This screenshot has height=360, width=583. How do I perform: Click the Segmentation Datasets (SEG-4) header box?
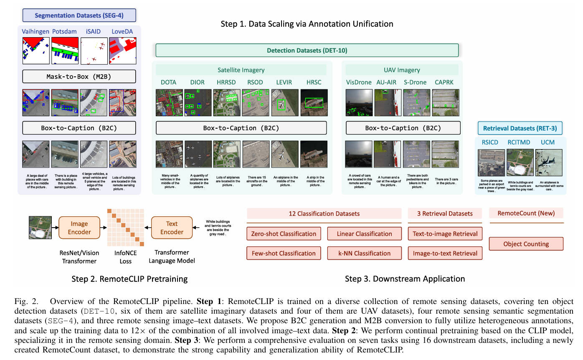(x=79, y=16)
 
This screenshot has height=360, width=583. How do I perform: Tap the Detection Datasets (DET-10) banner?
(x=307, y=51)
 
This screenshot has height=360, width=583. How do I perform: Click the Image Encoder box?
(x=80, y=227)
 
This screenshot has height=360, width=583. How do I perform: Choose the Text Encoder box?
(x=172, y=227)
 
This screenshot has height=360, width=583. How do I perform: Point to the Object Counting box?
(x=526, y=244)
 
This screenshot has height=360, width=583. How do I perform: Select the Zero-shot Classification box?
(x=284, y=234)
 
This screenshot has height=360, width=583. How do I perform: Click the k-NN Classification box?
(x=364, y=253)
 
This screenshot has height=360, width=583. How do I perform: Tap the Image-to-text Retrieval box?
(x=445, y=253)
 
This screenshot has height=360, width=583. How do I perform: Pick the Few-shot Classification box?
(x=284, y=253)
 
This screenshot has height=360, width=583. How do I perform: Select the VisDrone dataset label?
(x=359, y=82)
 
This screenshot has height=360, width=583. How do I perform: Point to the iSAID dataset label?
(x=94, y=31)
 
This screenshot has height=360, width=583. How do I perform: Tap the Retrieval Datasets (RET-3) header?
(x=520, y=128)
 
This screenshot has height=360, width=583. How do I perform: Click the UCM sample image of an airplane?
(x=549, y=162)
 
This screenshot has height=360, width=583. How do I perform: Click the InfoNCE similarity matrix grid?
(x=125, y=227)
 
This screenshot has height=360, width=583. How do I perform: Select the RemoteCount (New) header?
(x=526, y=213)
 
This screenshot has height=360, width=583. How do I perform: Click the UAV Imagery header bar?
(x=401, y=70)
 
